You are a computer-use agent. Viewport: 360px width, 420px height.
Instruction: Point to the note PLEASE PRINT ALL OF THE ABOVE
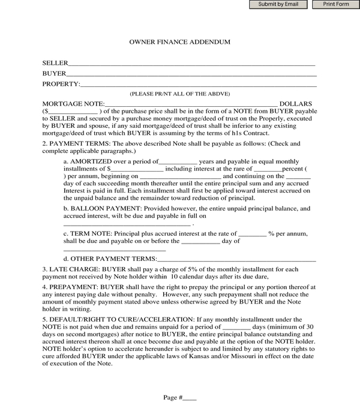(180, 94)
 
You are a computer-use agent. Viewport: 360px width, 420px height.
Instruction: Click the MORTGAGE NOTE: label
(73, 104)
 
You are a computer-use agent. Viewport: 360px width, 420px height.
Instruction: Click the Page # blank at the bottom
(189, 398)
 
